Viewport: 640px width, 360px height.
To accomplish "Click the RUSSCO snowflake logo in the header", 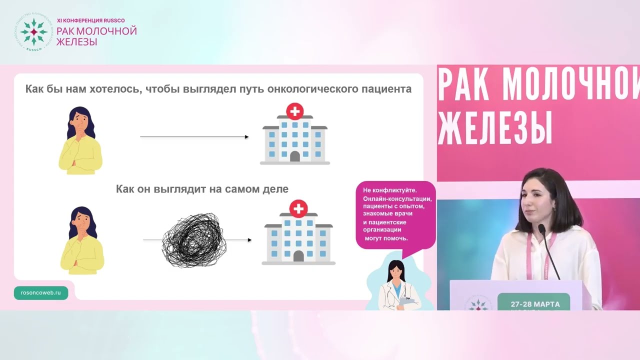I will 33,32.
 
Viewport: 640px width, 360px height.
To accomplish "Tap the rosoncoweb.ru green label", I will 41,293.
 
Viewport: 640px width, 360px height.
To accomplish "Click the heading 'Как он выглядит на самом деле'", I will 202,189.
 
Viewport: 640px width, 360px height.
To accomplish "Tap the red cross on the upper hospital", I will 295,110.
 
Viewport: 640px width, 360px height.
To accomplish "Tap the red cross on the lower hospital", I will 298,208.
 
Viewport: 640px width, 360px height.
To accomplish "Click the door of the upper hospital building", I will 295,156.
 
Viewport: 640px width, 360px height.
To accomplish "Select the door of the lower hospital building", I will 298,256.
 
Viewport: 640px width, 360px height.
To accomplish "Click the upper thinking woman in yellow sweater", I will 80,140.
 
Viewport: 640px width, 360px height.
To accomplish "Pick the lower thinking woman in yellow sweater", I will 82,240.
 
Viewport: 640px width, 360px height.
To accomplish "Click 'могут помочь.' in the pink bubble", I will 386,238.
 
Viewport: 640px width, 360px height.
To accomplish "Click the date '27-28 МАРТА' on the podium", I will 535,304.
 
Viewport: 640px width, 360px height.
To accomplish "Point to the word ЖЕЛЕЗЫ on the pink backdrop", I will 495,128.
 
